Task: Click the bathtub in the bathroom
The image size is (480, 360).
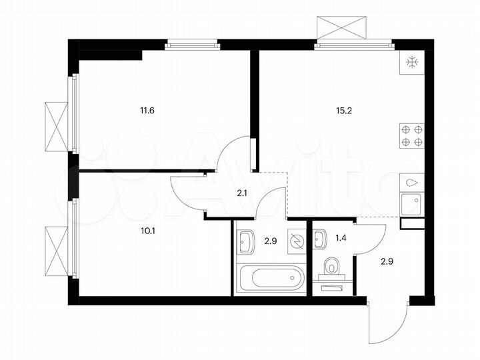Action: point(271,278)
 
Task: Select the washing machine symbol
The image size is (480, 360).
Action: point(295,241)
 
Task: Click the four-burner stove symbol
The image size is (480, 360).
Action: point(411,135)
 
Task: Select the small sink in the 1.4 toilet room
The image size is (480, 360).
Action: point(320,235)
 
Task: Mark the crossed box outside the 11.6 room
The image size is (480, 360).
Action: point(56,126)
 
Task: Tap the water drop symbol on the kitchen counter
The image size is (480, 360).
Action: point(411,181)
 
